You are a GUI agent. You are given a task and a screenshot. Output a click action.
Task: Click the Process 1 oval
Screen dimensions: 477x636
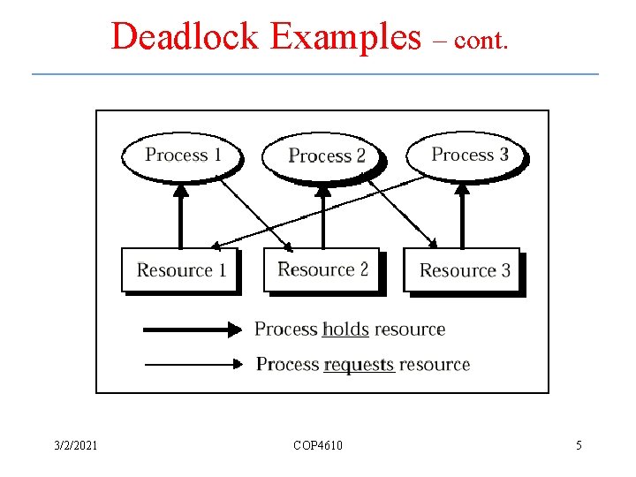point(182,155)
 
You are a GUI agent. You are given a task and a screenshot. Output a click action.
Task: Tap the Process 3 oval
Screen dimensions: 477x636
point(468,155)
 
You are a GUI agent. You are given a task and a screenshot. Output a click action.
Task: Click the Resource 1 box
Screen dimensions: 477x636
point(181,270)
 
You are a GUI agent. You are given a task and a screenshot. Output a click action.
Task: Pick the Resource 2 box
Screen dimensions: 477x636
point(322,269)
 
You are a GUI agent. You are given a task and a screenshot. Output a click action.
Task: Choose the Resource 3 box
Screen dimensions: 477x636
point(464,270)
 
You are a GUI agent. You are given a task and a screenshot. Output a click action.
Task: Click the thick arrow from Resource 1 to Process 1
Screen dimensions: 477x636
point(180,216)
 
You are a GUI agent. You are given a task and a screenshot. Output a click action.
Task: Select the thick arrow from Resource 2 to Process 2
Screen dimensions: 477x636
point(322,216)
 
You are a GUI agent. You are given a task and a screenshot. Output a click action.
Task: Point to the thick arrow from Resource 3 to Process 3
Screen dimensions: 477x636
point(462,216)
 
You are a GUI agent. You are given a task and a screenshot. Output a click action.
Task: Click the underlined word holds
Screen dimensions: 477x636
point(345,329)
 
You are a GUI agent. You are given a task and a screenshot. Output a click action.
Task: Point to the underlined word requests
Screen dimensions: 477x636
point(359,364)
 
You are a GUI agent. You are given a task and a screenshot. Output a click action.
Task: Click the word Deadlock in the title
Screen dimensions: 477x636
point(185,37)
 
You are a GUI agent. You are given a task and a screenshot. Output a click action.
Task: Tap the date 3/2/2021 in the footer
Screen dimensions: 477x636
point(75,445)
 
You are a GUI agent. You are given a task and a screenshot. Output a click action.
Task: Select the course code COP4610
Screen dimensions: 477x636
point(318,445)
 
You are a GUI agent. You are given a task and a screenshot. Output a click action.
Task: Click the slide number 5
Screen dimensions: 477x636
point(579,445)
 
